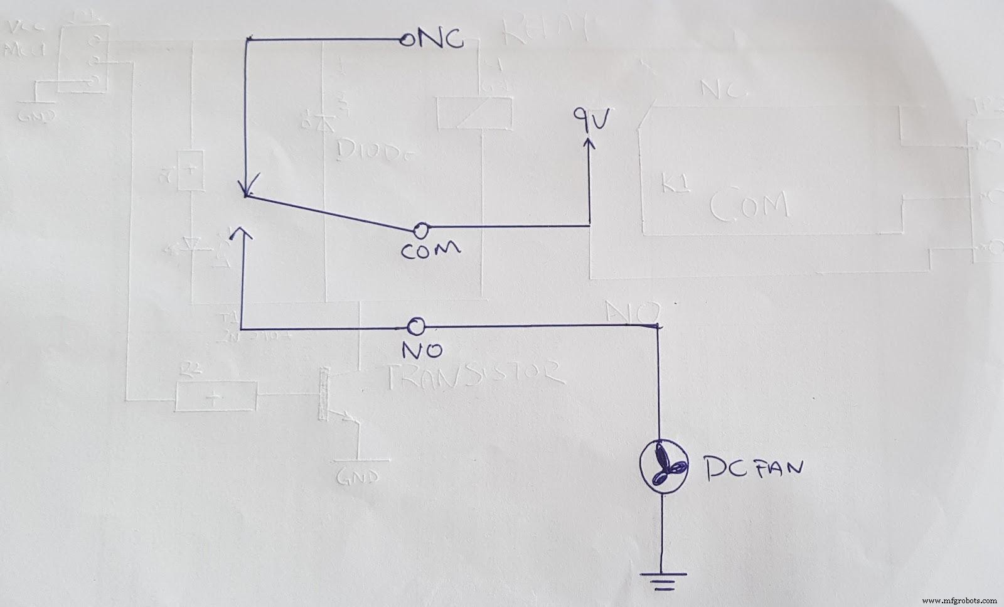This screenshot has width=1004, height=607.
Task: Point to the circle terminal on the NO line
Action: (x=415, y=326)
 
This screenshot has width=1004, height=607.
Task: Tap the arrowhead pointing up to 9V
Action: (x=589, y=145)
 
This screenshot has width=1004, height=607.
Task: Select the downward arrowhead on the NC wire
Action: (x=247, y=188)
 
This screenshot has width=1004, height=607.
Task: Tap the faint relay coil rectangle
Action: (x=474, y=113)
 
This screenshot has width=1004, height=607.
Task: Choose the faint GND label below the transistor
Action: (x=360, y=476)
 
